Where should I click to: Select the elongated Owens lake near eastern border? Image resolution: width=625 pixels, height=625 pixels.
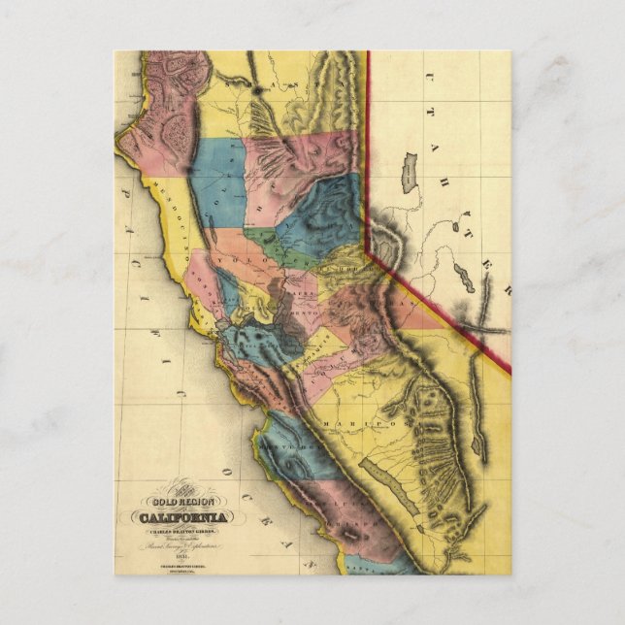(477, 437)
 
